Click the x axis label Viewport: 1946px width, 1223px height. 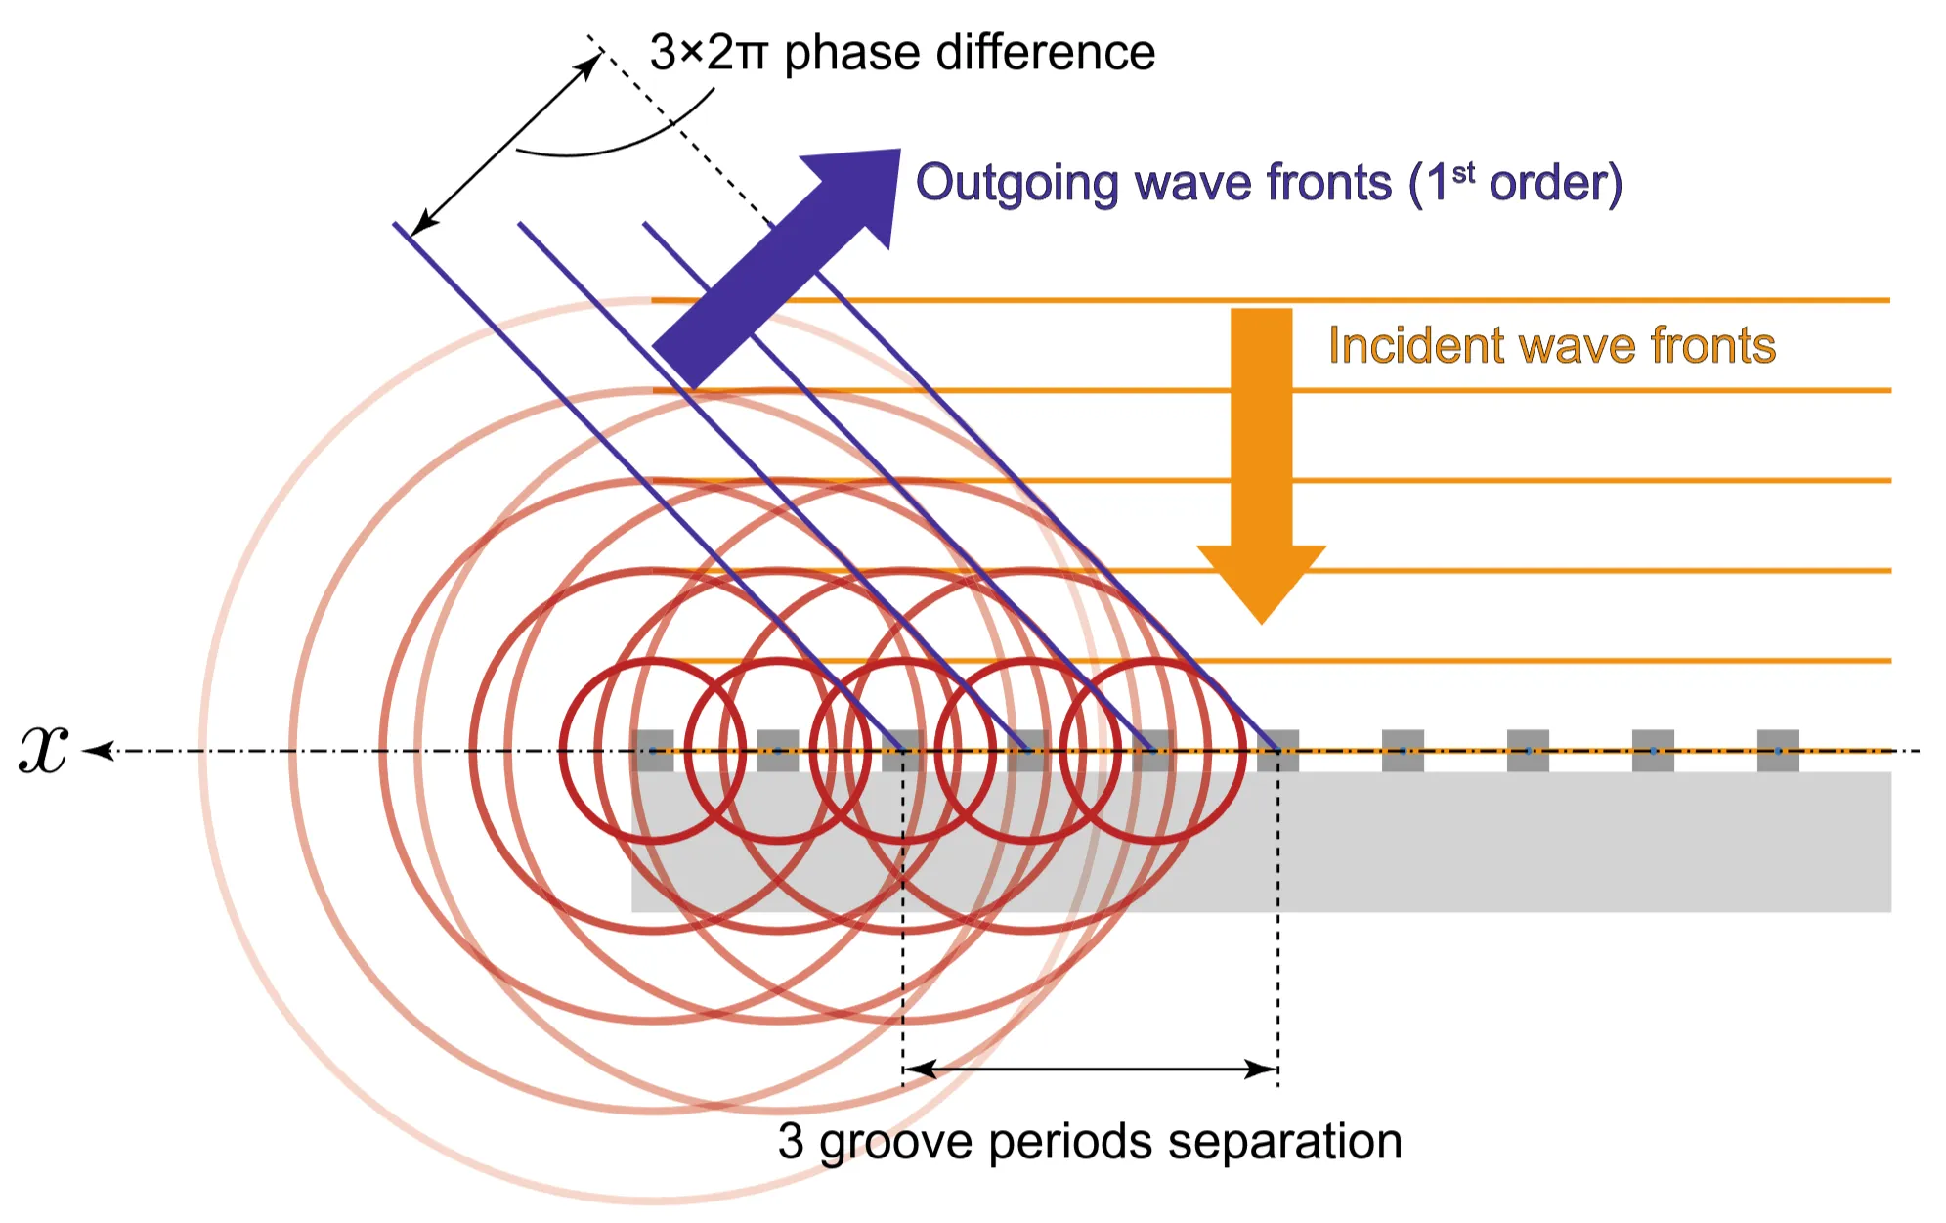tap(44, 751)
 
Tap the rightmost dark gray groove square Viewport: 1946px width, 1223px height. tap(1778, 751)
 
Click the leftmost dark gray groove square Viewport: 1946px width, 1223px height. tap(653, 751)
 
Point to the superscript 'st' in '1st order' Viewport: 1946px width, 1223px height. tap(1463, 173)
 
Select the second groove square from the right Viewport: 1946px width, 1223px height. tap(1653, 751)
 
